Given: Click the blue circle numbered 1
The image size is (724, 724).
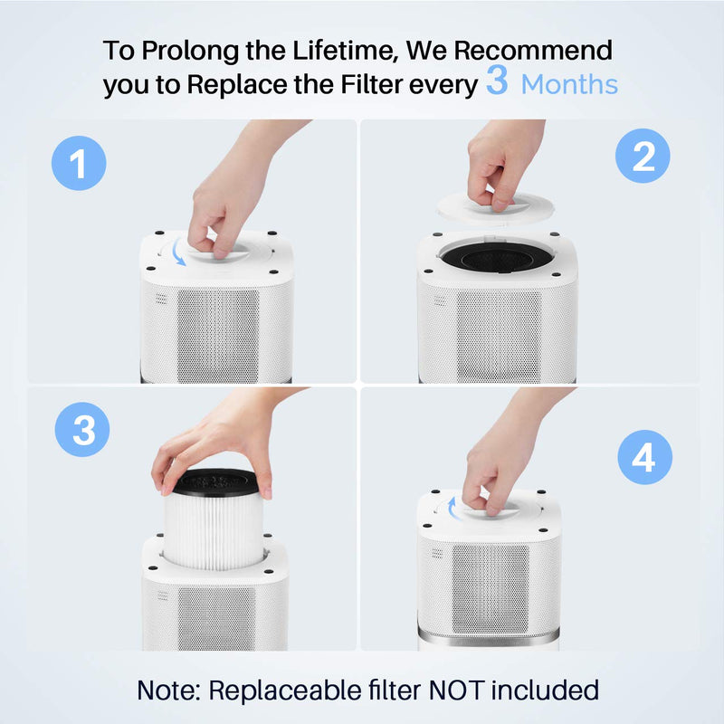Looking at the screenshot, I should point(79,164).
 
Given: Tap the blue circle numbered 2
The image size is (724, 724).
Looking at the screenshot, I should point(643,157).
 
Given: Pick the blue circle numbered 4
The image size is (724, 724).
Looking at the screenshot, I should point(644,459).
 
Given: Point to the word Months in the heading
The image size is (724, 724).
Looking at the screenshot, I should point(570,85).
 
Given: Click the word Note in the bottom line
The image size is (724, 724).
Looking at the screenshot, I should point(168,690).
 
